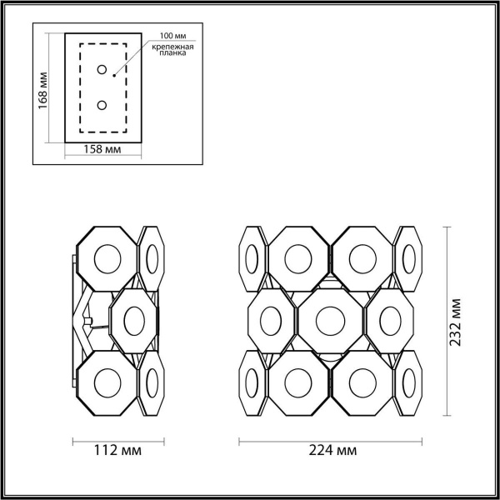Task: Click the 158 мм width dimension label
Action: click(104, 149)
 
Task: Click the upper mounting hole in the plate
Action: click(102, 69)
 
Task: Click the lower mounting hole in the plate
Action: click(102, 106)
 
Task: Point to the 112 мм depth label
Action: click(117, 451)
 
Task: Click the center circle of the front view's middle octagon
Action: click(330, 320)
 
